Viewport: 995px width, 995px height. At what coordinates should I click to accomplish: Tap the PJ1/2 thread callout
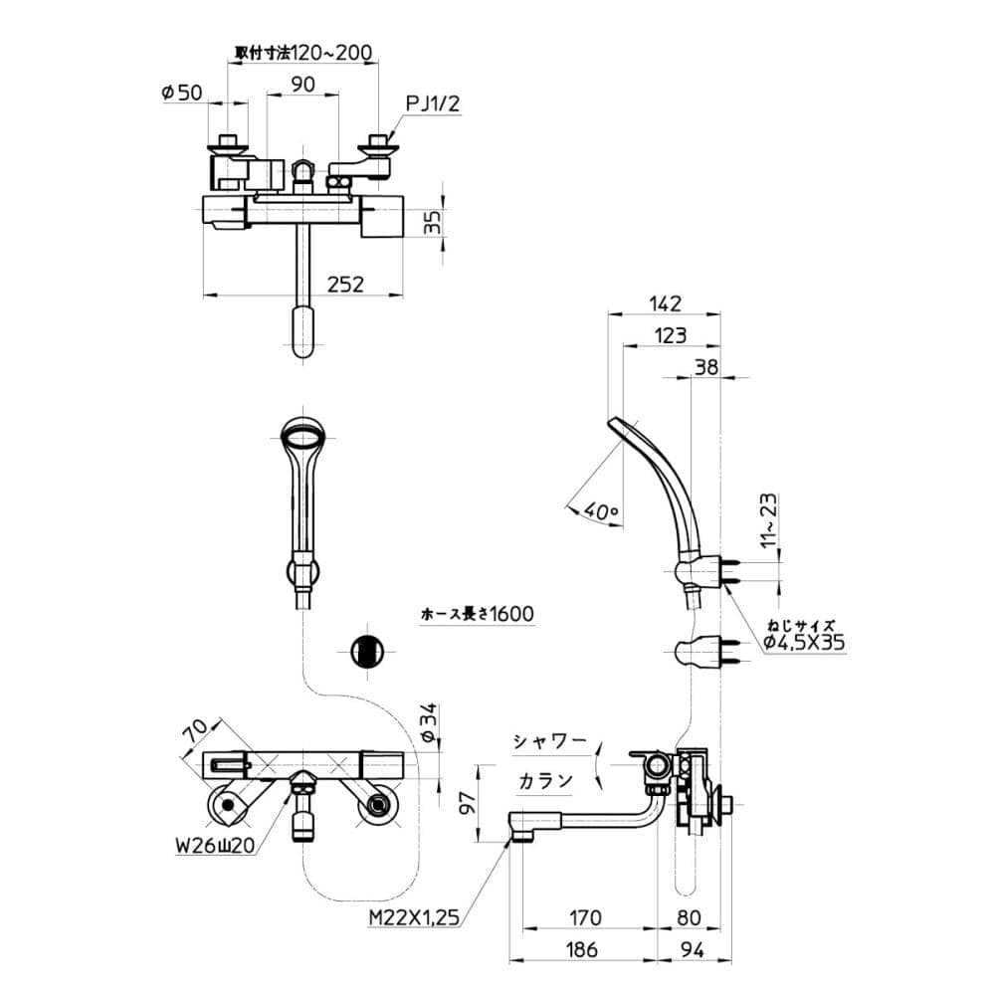coord(432,102)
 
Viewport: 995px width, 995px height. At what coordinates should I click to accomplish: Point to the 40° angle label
coord(602,510)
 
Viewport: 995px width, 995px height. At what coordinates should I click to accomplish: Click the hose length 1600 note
coord(478,614)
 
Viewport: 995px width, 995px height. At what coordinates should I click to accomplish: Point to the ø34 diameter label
coord(428,723)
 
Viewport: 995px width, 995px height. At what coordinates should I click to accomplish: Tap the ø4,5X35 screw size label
coord(804,643)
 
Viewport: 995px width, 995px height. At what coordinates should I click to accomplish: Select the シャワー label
coord(546,741)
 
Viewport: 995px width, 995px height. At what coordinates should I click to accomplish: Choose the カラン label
coord(544,780)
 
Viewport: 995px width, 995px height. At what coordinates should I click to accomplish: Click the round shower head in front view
coord(304,434)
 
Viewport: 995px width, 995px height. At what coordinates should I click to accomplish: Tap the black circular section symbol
coord(368,652)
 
